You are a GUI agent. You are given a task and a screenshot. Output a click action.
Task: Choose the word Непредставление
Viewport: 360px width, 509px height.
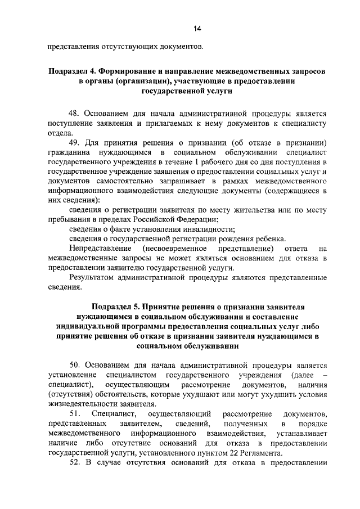pyautogui.click(x=100, y=249)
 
